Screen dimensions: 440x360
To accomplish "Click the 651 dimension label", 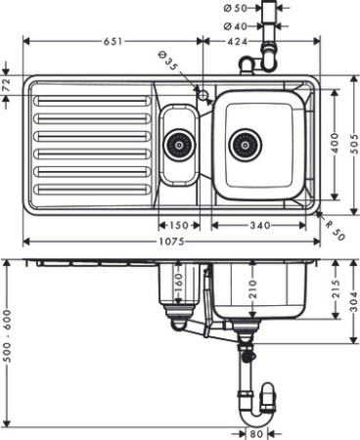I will pos(113,41).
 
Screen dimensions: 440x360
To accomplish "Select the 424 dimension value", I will pos(239,41).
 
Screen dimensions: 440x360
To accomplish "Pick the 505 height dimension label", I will pos(352,144).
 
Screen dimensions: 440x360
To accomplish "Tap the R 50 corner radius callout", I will pos(333,231).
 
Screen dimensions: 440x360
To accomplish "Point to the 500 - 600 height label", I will pos(8,338).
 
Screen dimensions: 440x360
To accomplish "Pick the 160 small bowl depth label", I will pos(178,284).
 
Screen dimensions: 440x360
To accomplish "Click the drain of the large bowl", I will pos(246,146).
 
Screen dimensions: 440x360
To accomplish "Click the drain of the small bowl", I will pos(178,146).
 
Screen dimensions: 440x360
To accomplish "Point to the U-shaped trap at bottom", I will pos(253,396).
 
